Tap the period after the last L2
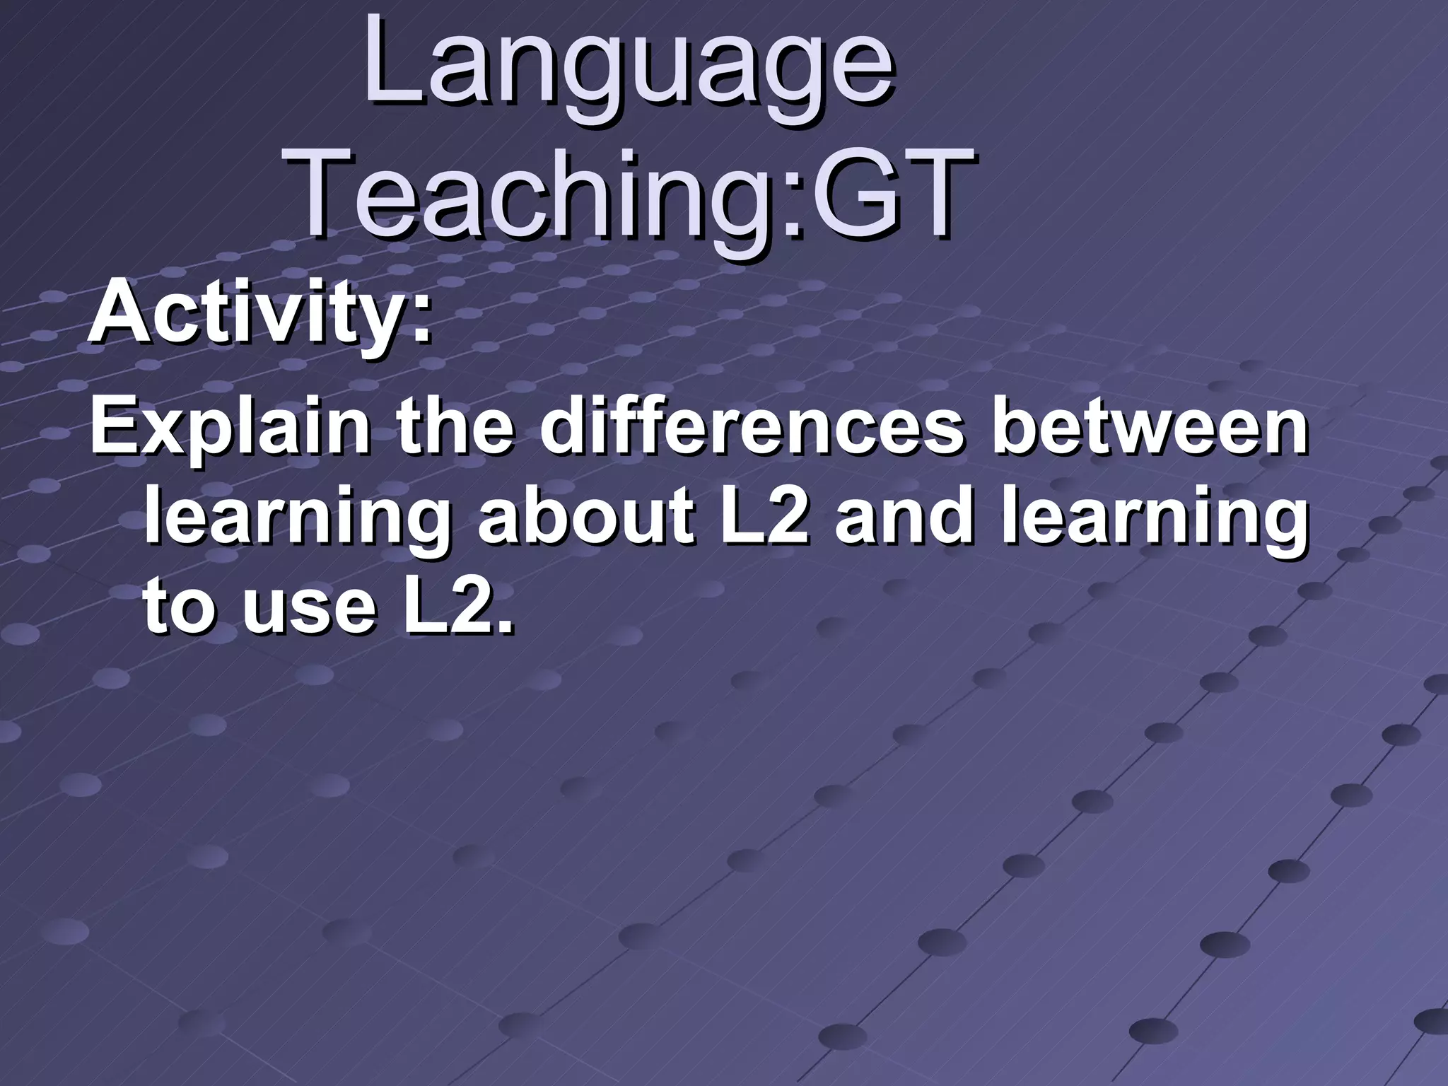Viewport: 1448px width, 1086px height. tap(503, 626)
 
